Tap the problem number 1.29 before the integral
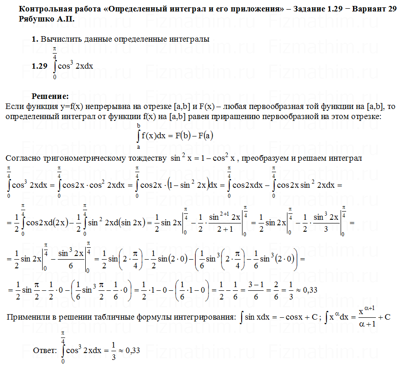coord(39,66)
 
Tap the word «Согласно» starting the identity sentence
coord(22,158)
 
